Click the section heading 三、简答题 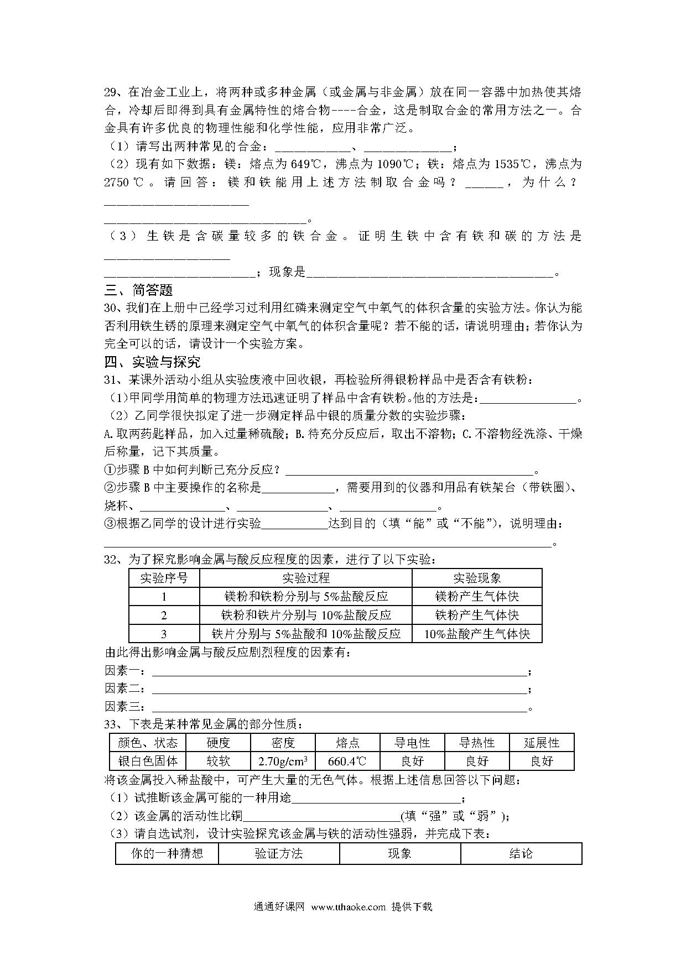[138, 290]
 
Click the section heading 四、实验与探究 [152, 362]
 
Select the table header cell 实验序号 [164, 578]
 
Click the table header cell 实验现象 [477, 578]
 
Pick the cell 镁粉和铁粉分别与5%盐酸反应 [306, 597]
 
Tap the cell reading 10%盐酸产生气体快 [477, 634]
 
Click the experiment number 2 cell [164, 616]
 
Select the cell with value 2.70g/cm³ [283, 762]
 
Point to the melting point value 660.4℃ [347, 762]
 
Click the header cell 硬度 [218, 743]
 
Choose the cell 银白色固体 [148, 762]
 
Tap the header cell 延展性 [542, 743]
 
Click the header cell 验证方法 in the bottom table [279, 853]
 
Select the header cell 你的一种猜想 [167, 853]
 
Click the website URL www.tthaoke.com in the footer [348, 907]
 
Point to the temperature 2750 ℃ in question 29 [124, 182]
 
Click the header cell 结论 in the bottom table [521, 853]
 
